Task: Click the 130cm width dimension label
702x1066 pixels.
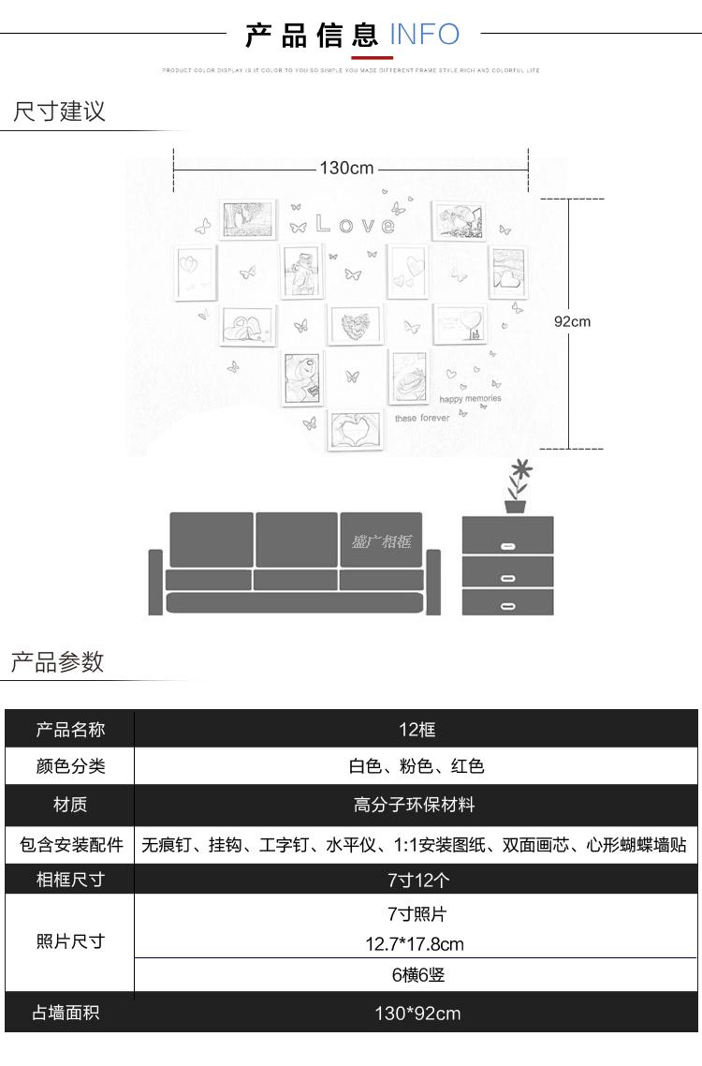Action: [x=346, y=169]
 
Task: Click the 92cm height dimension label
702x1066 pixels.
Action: [x=572, y=321]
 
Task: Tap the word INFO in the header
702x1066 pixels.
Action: [x=424, y=36]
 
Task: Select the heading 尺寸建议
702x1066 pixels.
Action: [x=59, y=111]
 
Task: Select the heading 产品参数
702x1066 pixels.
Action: [x=57, y=662]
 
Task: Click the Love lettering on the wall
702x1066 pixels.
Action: [x=355, y=225]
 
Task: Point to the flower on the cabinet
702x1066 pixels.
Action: [x=518, y=482]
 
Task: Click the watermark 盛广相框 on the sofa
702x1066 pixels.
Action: [x=382, y=541]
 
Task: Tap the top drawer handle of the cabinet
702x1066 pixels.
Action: [x=507, y=545]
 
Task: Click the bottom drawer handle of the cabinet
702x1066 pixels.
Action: [x=507, y=606]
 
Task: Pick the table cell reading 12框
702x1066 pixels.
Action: [x=417, y=730]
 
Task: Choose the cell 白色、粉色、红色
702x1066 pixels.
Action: [x=417, y=766]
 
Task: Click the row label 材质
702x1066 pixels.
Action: [x=70, y=805]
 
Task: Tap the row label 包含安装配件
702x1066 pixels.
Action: [x=71, y=844]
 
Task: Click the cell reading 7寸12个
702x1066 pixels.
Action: [x=417, y=880]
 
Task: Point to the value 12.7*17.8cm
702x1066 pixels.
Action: [x=415, y=944]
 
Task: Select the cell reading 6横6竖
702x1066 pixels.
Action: [x=417, y=975]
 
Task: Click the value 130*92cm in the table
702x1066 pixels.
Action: [x=417, y=1014]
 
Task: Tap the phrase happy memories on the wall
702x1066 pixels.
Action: [x=470, y=399]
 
